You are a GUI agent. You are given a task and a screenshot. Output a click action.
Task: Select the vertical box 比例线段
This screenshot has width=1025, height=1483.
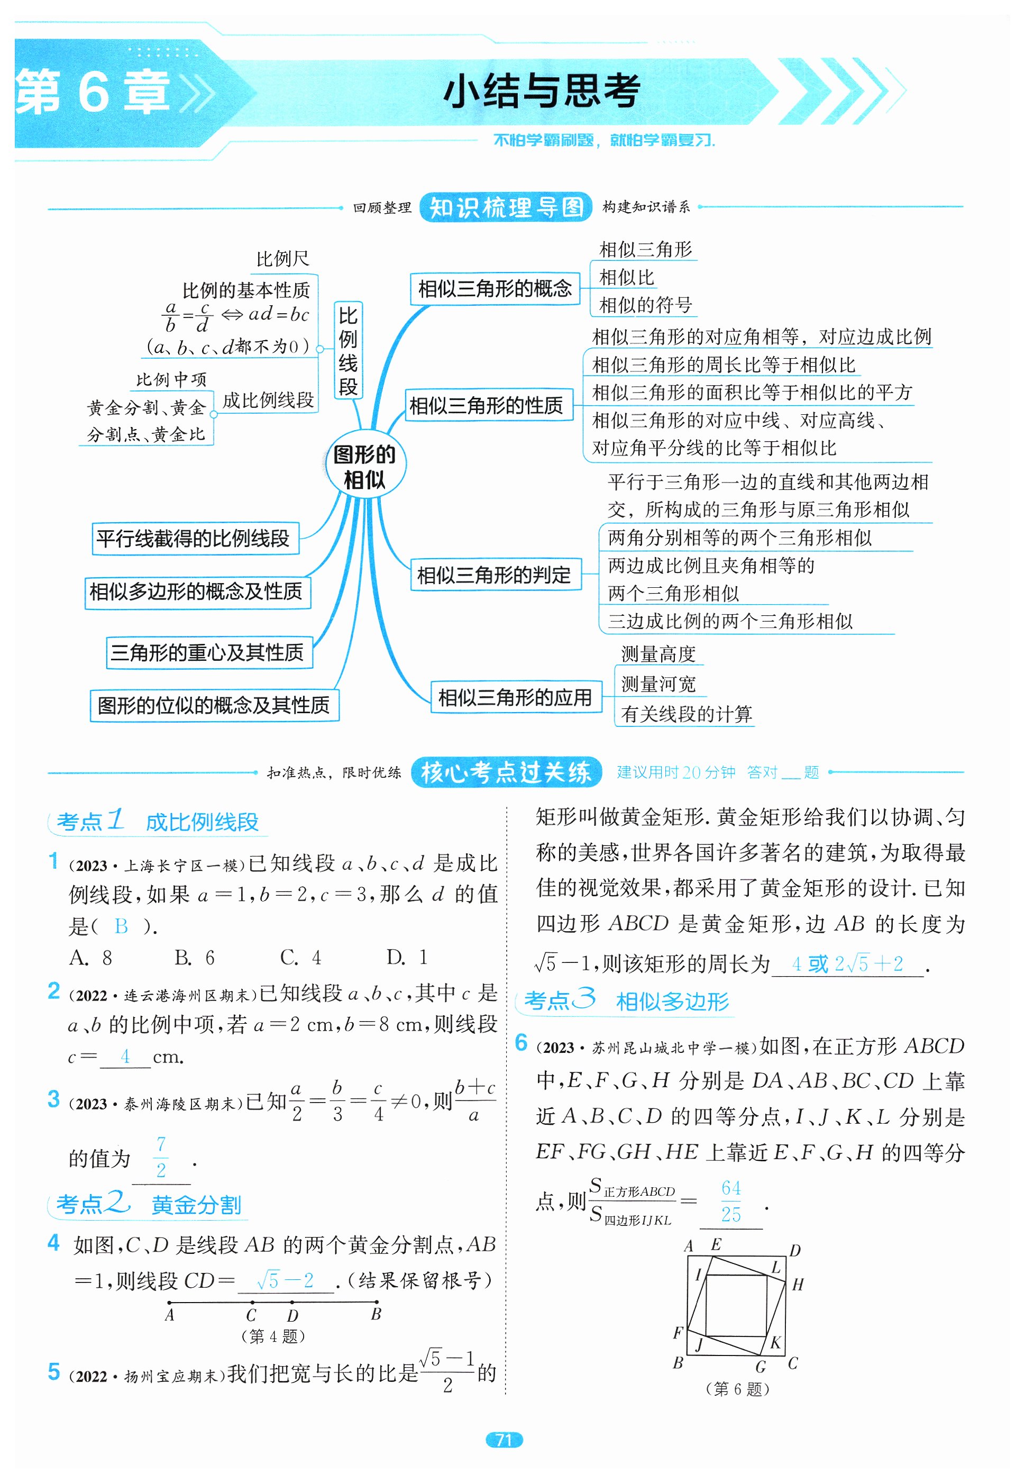348,351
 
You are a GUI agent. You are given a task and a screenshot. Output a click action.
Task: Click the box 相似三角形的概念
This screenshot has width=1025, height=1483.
495,288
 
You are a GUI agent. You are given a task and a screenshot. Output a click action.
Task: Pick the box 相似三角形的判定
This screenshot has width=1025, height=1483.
494,574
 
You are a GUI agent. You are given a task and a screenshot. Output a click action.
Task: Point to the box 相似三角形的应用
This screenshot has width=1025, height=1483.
515,697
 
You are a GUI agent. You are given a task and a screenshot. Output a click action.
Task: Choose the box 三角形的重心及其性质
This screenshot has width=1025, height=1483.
207,652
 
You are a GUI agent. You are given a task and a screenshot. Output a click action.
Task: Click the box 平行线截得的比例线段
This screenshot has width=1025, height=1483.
194,538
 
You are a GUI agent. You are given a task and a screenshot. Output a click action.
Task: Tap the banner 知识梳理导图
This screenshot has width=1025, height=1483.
506,207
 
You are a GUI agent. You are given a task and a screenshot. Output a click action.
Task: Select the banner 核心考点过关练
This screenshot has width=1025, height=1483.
506,772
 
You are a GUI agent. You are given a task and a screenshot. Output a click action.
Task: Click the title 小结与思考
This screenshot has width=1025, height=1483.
542,91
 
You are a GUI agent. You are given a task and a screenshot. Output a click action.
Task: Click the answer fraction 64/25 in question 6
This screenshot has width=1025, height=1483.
731,1200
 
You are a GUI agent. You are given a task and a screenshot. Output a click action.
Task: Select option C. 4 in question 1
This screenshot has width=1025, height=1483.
300,958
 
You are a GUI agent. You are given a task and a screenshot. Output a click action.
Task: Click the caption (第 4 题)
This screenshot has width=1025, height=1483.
273,1336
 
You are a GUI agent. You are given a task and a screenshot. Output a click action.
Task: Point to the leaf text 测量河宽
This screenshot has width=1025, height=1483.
658,684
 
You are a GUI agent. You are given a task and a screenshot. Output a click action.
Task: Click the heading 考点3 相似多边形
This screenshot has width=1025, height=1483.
626,1000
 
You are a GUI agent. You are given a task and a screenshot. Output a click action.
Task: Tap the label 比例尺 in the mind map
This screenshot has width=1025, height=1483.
282,259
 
